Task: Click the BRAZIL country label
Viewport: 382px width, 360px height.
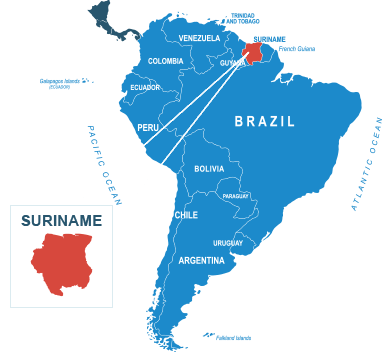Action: [x=265, y=122]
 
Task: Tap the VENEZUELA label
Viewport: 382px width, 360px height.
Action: [x=198, y=38]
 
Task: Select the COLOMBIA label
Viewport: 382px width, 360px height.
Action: [x=165, y=61]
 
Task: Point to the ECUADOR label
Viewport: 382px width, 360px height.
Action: [x=145, y=88]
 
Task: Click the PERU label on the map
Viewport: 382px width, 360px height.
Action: [x=148, y=128]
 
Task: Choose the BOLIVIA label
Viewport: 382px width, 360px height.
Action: [x=209, y=169]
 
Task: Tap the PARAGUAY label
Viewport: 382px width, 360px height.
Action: [x=236, y=196]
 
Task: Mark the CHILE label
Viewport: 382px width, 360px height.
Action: [x=186, y=215]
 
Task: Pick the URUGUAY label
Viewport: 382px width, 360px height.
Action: [x=228, y=243]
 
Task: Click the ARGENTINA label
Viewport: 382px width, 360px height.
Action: [x=201, y=260]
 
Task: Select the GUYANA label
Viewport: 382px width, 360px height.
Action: [x=233, y=63]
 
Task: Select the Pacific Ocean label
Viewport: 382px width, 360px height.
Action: [x=104, y=165]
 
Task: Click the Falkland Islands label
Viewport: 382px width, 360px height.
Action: [x=232, y=337]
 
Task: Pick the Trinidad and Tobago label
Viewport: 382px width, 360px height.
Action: [x=241, y=18]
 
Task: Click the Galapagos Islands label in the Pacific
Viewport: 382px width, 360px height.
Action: [x=66, y=82]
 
